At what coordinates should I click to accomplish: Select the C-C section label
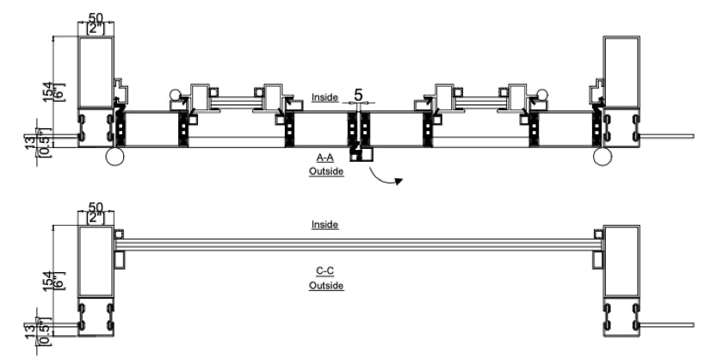(x=326, y=272)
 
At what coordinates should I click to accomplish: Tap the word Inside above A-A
(x=325, y=98)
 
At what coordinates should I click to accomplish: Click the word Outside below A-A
(x=326, y=171)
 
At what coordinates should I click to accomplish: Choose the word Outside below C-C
(x=326, y=284)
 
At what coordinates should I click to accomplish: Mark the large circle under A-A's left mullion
(x=115, y=156)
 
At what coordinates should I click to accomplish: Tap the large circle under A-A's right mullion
(x=602, y=156)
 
